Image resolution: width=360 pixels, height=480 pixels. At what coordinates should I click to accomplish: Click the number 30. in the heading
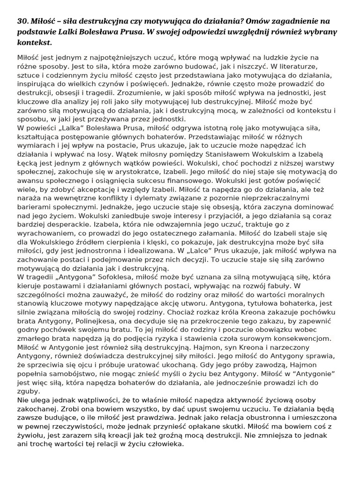(x=23, y=22)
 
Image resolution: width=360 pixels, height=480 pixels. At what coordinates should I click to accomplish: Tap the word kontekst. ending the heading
(x=34, y=43)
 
